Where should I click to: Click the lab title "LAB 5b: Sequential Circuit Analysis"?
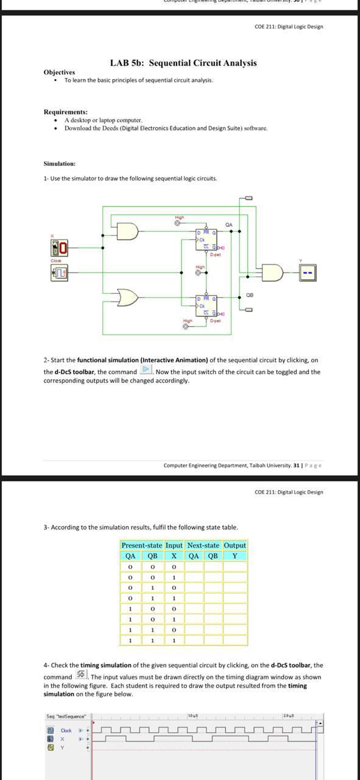tap(183, 63)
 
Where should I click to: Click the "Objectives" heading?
tap(59, 73)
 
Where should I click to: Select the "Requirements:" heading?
tap(65, 112)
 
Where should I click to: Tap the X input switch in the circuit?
tap(58, 248)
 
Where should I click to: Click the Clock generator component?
tap(58, 272)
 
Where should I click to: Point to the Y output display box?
tap(308, 272)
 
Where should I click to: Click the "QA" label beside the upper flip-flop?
tap(228, 225)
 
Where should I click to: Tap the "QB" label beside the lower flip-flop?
tap(249, 295)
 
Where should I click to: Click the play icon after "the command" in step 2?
tap(146, 370)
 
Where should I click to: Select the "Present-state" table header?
tap(142, 545)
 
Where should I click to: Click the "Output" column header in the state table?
tap(235, 545)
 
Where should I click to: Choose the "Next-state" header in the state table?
tap(203, 545)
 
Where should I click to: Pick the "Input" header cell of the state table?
tap(174, 545)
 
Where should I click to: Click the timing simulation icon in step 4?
tap(81, 675)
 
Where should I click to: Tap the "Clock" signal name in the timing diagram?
tap(66, 730)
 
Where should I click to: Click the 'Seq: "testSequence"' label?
tap(66, 716)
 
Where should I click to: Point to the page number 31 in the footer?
tap(296, 466)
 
